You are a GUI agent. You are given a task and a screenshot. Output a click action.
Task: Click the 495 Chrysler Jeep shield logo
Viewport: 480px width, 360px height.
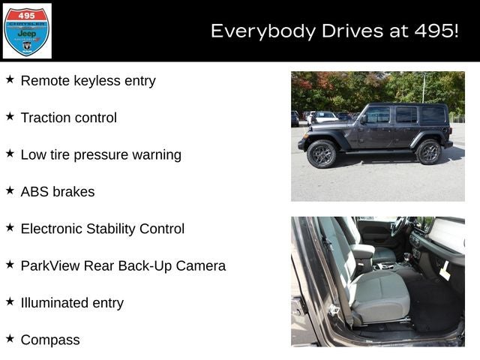click(27, 31)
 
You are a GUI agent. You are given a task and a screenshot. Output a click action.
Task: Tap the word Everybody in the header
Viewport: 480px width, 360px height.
click(263, 31)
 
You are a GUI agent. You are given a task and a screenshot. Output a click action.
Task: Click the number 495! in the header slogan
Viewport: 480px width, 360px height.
click(436, 31)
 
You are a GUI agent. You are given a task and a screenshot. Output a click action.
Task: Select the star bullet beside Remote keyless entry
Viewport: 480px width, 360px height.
click(10, 79)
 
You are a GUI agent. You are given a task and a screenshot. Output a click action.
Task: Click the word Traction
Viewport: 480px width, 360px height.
click(46, 118)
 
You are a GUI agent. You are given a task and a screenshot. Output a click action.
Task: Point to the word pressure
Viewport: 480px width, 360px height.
click(101, 155)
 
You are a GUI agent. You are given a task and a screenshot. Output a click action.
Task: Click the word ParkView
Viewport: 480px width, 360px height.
click(50, 265)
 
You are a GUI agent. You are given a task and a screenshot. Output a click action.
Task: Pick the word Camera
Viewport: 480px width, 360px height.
click(201, 265)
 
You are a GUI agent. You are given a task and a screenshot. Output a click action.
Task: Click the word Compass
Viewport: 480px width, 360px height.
click(50, 340)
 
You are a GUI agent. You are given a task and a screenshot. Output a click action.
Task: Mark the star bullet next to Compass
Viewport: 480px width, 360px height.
click(10, 338)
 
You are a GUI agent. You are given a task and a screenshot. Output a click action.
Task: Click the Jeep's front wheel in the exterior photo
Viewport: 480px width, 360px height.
click(322, 154)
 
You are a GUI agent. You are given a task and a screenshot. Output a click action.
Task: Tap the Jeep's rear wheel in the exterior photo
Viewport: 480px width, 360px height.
click(428, 151)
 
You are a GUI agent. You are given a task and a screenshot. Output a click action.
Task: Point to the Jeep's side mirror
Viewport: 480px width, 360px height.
click(363, 119)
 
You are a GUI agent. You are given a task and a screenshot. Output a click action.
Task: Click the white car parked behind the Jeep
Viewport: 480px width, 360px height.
click(322, 118)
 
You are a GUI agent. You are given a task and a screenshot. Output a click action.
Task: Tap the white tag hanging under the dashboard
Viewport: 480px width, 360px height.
click(445, 271)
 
